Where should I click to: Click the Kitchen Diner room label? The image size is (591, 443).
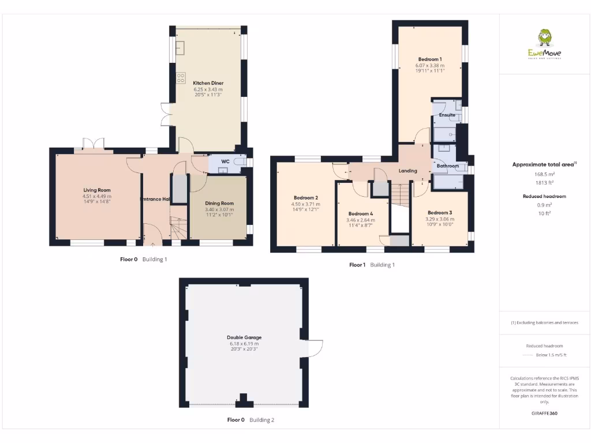coord(208,83)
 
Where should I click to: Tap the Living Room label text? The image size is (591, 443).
coord(96,190)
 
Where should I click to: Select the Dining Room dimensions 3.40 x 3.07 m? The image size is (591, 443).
coord(219,209)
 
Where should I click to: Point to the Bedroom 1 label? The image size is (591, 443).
coord(430,59)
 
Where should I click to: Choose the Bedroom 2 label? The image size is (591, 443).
coord(305,197)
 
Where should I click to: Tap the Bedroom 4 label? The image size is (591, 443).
coord(361,213)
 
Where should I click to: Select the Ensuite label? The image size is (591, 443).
coord(447,115)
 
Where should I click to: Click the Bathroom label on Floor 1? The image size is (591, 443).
coord(447,166)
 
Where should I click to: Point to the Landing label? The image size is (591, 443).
coord(408,171)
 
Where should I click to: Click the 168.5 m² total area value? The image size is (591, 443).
coord(544,174)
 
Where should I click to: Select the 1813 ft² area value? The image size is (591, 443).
coord(544,182)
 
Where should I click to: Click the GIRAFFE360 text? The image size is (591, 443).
coord(544,413)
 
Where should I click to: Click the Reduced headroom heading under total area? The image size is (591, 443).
coord(544,196)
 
